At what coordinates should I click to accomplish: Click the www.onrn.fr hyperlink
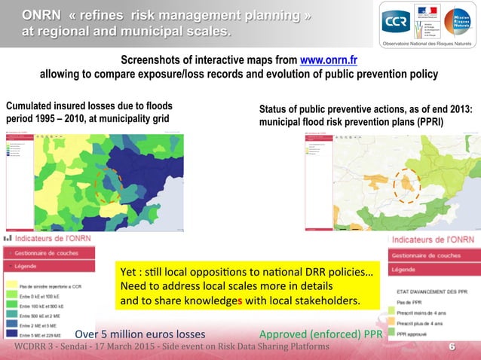coord(329,61)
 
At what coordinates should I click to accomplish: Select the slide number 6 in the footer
coord(452,346)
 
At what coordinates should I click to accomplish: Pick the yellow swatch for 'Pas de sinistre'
coord(10,287)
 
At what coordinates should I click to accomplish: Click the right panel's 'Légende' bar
coord(408,269)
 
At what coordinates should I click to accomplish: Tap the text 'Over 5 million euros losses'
coord(139,334)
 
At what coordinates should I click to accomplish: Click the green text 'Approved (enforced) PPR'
coord(320,334)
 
